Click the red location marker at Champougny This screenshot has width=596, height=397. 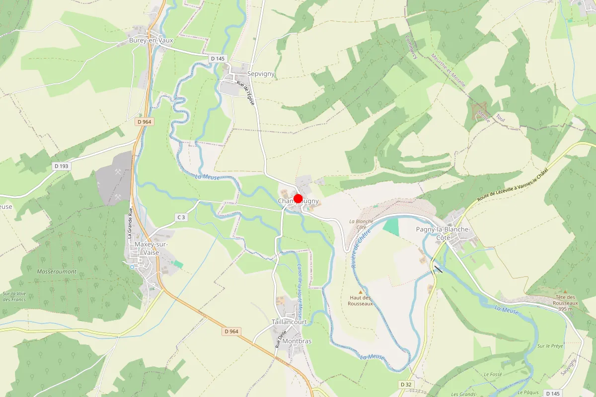(x=298, y=198)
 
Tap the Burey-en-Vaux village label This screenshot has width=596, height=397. (x=151, y=41)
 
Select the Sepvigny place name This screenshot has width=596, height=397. (x=261, y=74)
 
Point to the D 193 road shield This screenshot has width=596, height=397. (x=61, y=166)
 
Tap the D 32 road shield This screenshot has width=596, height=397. (x=406, y=385)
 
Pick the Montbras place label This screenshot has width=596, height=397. (x=298, y=341)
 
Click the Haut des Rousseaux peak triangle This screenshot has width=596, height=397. (x=361, y=292)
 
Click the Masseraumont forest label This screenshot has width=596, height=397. (x=57, y=271)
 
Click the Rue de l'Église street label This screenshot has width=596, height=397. (x=246, y=93)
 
